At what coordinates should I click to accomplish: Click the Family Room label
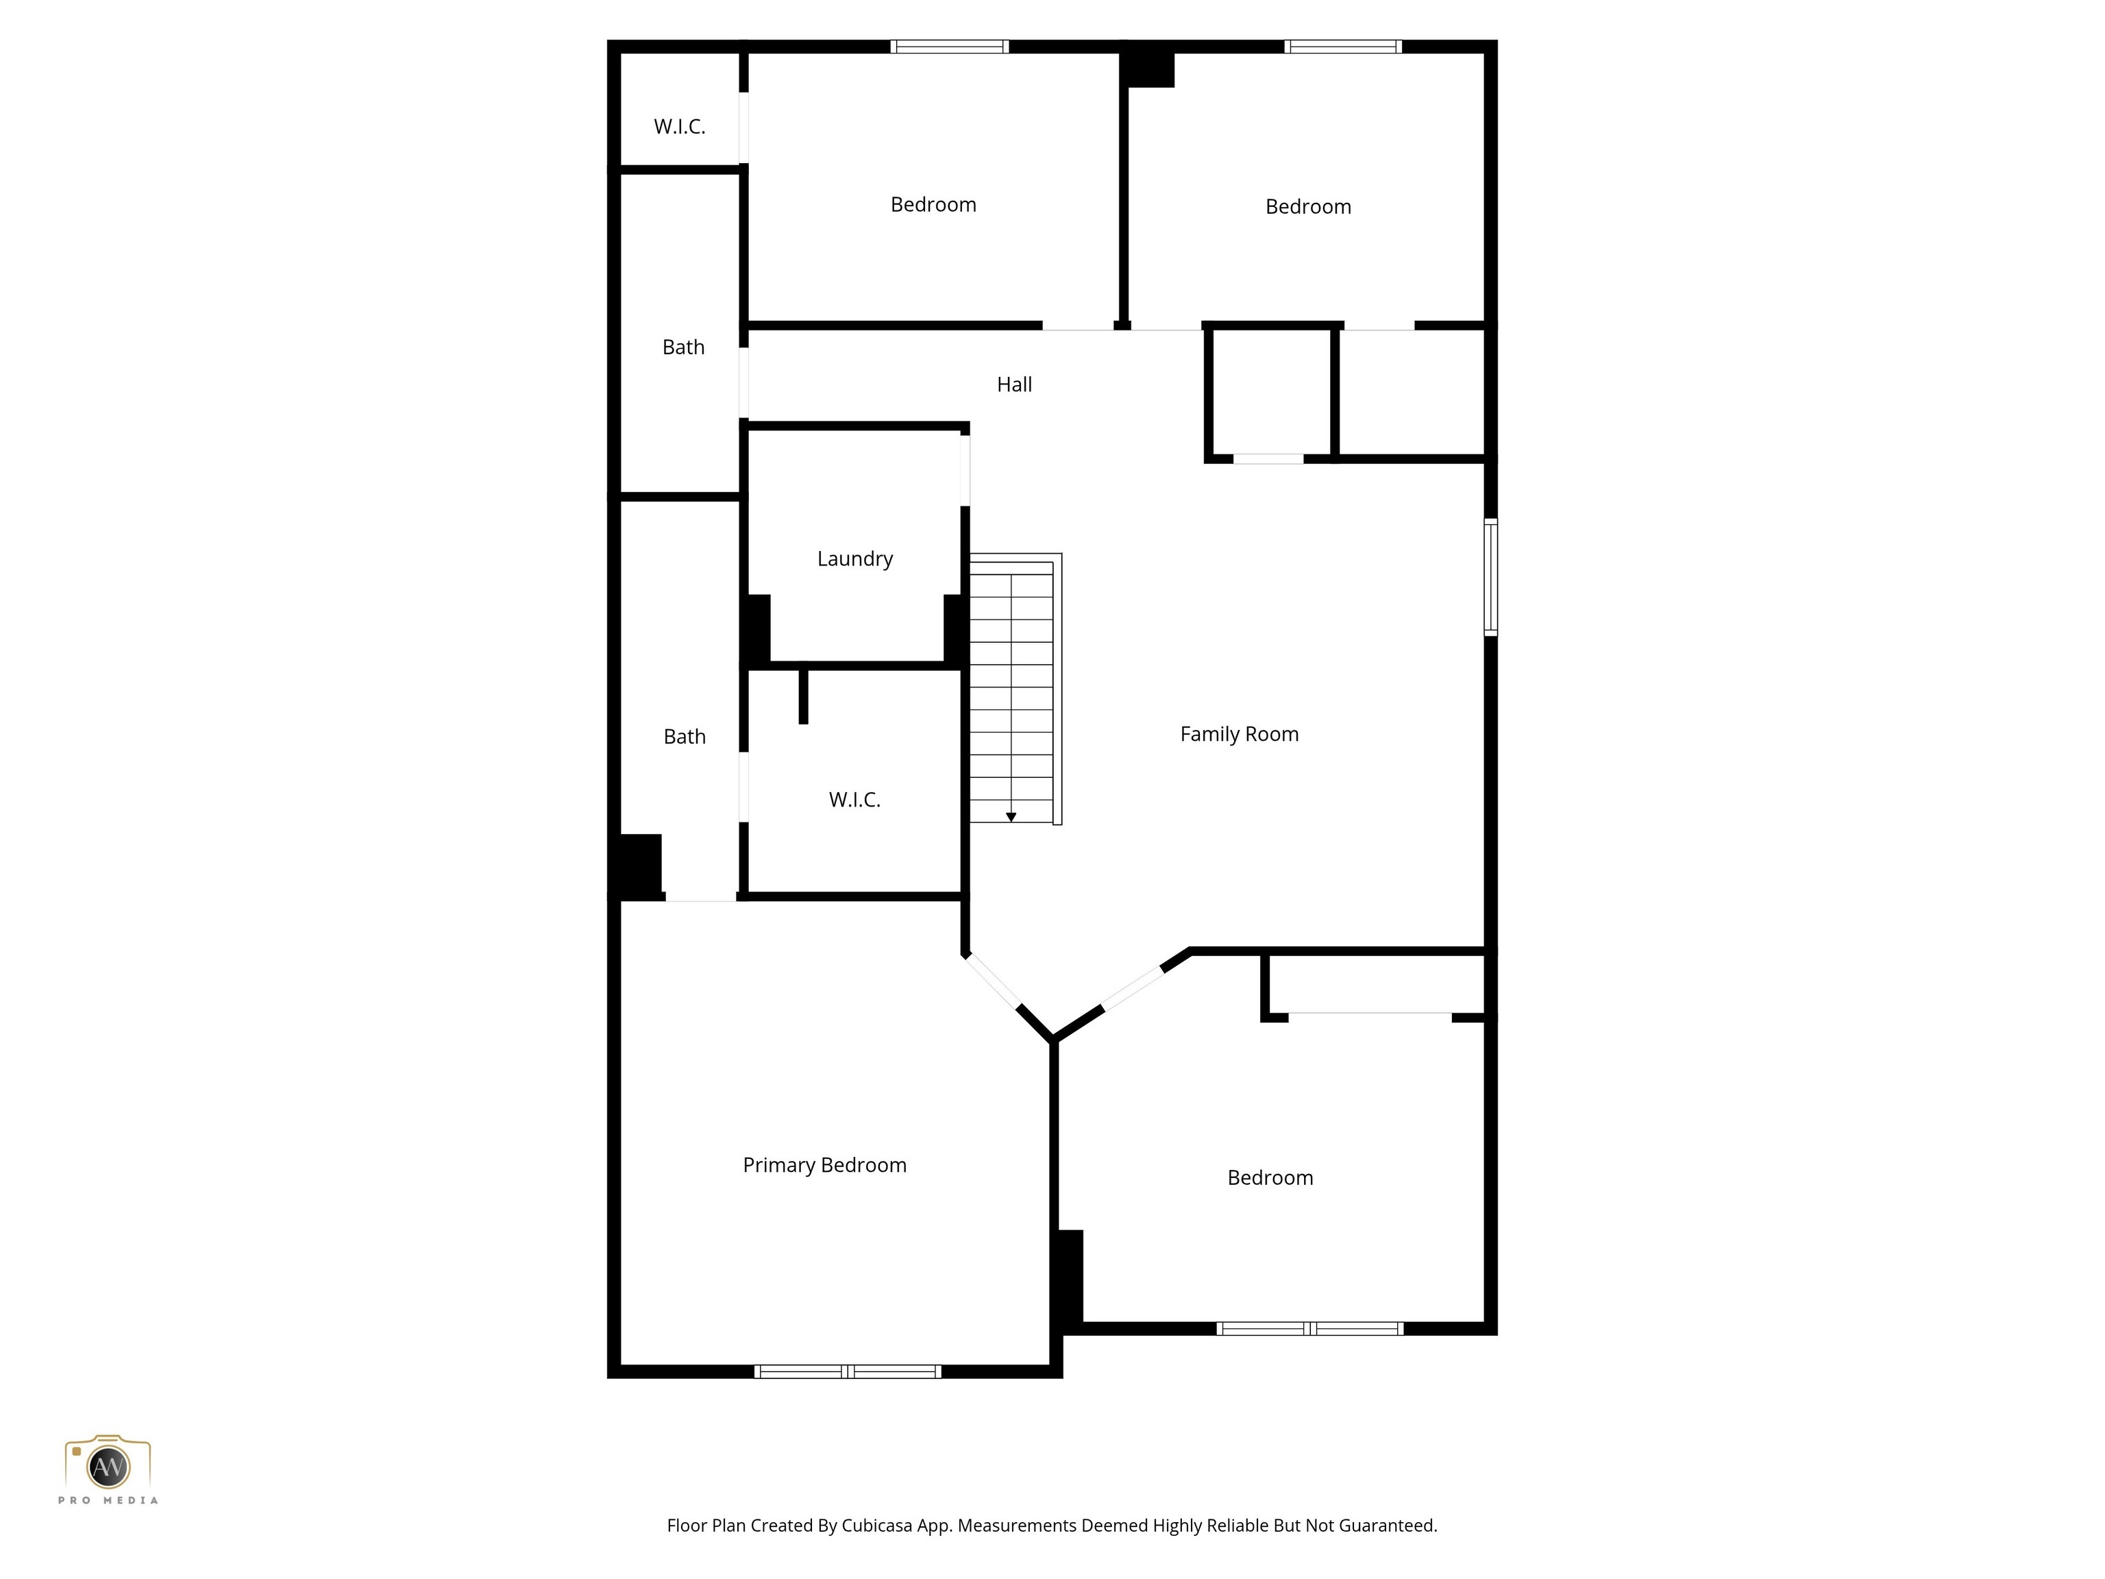1239,734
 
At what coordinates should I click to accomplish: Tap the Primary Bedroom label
824,1165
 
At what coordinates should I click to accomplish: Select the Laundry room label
854,559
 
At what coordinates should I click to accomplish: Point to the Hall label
1013,384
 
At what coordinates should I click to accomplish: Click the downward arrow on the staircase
1011,817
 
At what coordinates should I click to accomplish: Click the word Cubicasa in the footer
877,1526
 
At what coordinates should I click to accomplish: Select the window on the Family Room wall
1490,577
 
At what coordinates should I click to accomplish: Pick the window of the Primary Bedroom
847,1371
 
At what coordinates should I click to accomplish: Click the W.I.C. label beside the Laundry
854,800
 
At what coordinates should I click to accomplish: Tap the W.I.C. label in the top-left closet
680,127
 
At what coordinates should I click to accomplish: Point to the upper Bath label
683,347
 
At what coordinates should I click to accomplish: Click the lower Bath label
685,737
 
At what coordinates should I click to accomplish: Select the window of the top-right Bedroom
1343,47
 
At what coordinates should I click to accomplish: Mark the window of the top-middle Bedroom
949,47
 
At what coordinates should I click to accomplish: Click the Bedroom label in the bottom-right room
1270,1178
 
